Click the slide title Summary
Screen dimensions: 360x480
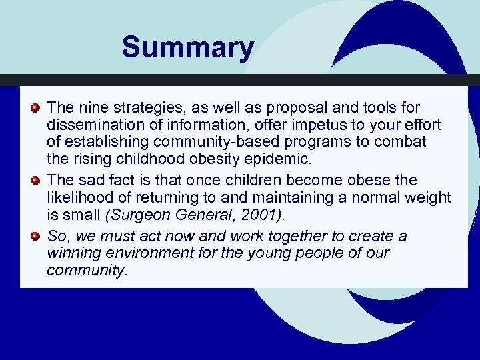click(187, 48)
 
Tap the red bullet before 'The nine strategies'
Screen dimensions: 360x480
click(37, 107)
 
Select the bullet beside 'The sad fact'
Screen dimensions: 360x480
click(37, 180)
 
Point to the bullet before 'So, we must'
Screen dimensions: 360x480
click(37, 236)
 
